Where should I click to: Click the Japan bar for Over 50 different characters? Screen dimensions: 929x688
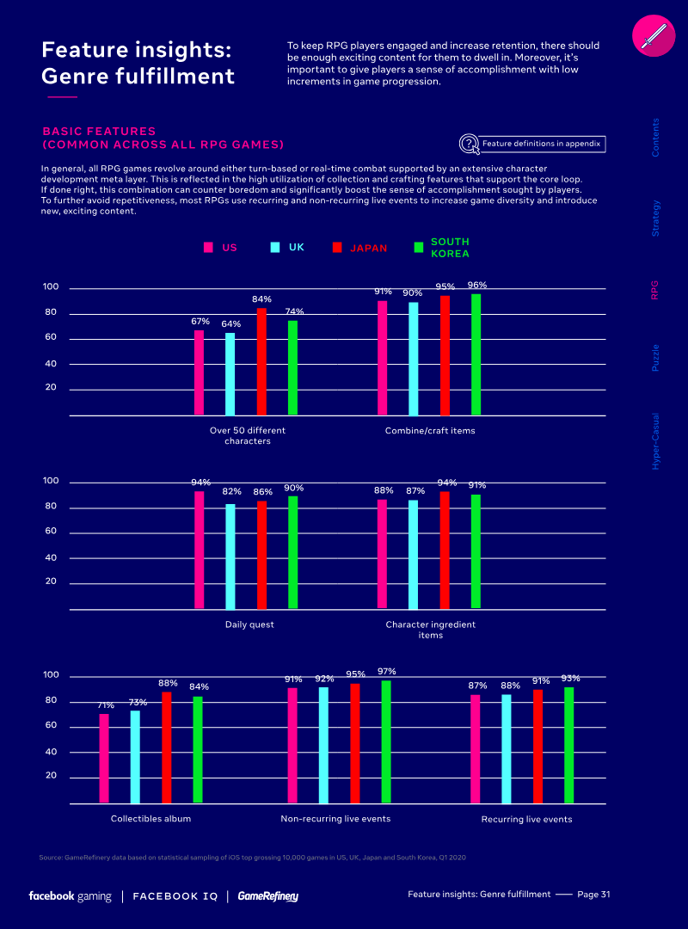point(261,361)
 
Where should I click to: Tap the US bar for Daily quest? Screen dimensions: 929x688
point(200,551)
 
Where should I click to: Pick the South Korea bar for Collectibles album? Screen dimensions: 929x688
point(198,749)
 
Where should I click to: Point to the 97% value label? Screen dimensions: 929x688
point(386,671)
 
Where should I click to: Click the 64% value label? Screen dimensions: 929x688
point(230,323)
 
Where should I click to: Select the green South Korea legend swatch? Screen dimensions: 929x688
point(419,248)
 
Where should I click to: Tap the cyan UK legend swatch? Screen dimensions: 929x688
point(275,248)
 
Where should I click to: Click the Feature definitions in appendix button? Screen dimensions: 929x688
point(533,144)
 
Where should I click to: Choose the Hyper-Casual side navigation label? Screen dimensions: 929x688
point(655,440)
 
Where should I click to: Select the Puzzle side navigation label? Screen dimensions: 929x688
point(655,357)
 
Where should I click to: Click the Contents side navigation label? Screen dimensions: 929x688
point(655,138)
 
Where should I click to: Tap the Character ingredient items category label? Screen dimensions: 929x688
point(430,630)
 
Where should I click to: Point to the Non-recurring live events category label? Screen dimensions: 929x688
point(335,819)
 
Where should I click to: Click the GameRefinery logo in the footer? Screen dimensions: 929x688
point(268,896)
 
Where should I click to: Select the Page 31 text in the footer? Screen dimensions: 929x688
point(593,895)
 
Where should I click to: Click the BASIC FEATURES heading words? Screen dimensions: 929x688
point(99,132)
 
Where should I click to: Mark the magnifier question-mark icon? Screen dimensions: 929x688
point(469,144)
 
